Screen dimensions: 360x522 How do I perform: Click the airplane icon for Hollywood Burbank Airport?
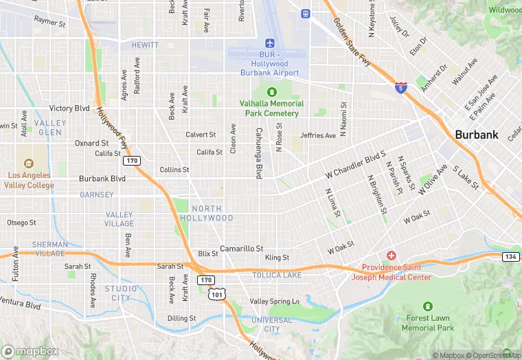pos(269,43)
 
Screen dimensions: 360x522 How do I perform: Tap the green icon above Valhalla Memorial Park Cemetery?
pos(272,92)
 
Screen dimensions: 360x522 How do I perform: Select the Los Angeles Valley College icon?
pos(28,164)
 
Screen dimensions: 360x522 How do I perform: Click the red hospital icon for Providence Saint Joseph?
pos(391,256)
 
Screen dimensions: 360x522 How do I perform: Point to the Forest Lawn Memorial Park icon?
pos(428,306)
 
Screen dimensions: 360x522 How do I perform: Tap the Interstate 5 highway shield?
pos(401,87)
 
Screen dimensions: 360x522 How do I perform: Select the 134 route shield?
pos(510,257)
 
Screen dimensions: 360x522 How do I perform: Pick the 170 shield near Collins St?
pos(132,161)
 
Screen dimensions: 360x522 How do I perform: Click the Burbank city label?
pos(477,135)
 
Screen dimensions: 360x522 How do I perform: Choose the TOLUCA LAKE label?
pos(277,275)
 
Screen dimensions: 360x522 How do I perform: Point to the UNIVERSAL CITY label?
pos(271,324)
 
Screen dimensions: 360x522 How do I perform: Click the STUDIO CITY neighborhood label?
pos(121,293)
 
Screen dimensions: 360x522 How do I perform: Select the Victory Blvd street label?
pos(69,109)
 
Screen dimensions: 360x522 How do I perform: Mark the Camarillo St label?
pos(241,248)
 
